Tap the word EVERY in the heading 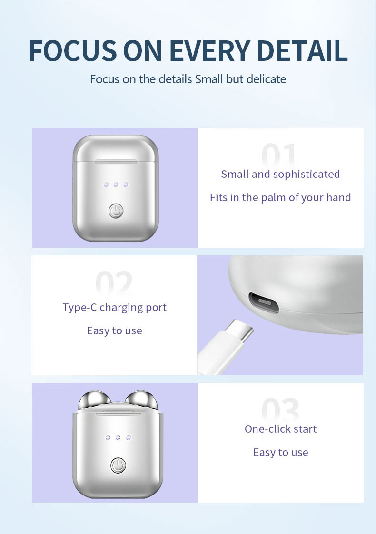click(209, 51)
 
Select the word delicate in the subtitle click(266, 79)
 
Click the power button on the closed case click(116, 211)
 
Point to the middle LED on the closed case click(116, 184)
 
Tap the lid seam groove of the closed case click(116, 161)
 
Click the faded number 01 click(278, 154)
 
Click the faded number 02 click(114, 282)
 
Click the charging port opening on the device click(264, 302)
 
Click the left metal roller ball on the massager click(94, 400)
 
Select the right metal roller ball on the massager click(141, 400)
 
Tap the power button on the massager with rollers click(119, 466)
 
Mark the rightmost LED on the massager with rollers click(129, 437)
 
